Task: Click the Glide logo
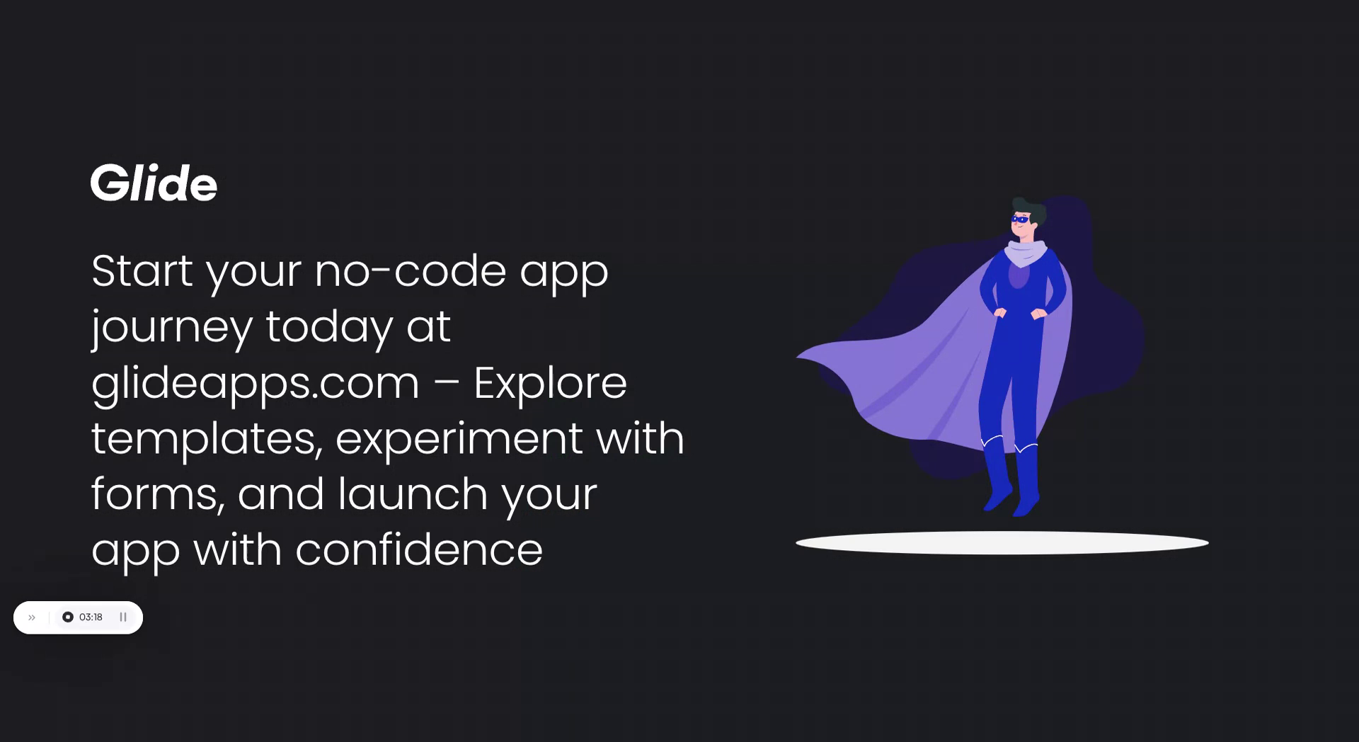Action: click(x=154, y=183)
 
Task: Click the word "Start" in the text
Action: click(x=142, y=270)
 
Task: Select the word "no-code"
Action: click(x=410, y=270)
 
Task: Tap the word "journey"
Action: click(x=171, y=326)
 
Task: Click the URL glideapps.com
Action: click(x=255, y=383)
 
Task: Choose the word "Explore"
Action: click(x=549, y=383)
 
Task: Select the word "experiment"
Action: click(x=459, y=438)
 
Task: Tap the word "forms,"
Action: click(x=158, y=493)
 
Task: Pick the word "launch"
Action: click(x=412, y=493)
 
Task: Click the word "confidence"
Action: click(x=418, y=549)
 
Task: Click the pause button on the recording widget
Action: click(x=123, y=617)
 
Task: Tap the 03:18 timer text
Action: click(x=91, y=617)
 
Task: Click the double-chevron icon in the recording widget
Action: click(x=32, y=617)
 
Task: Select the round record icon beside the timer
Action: click(x=68, y=617)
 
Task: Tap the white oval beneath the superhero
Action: click(x=1002, y=543)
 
